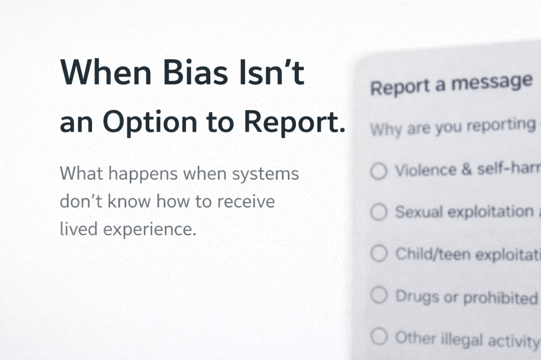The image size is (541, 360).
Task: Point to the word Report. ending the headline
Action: [294, 122]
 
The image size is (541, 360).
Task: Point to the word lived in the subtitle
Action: [76, 230]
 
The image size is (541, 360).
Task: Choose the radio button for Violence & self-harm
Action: [378, 172]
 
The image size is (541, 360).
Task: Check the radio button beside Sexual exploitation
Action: [378, 213]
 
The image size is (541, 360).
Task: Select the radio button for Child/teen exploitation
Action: [379, 254]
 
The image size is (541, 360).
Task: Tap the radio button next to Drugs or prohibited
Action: [379, 295]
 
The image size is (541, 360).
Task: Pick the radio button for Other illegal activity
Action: [379, 336]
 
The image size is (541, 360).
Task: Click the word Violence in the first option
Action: [425, 170]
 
